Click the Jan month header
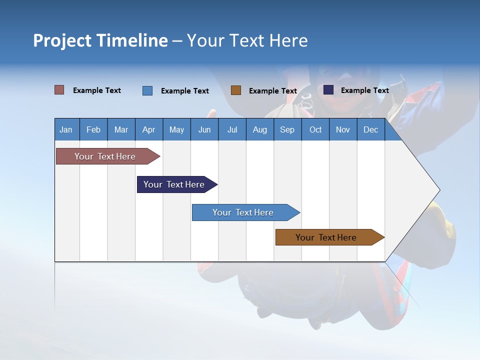[66, 130]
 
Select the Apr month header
[149, 130]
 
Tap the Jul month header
[232, 130]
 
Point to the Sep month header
[287, 130]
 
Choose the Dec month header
[370, 130]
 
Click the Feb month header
[93, 130]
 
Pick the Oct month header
[315, 130]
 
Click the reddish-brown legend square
[59, 90]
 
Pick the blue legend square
[147, 90]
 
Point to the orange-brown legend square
[236, 90]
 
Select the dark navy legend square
[328, 90]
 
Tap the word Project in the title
[62, 40]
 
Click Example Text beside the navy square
[364, 90]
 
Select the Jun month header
[204, 130]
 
